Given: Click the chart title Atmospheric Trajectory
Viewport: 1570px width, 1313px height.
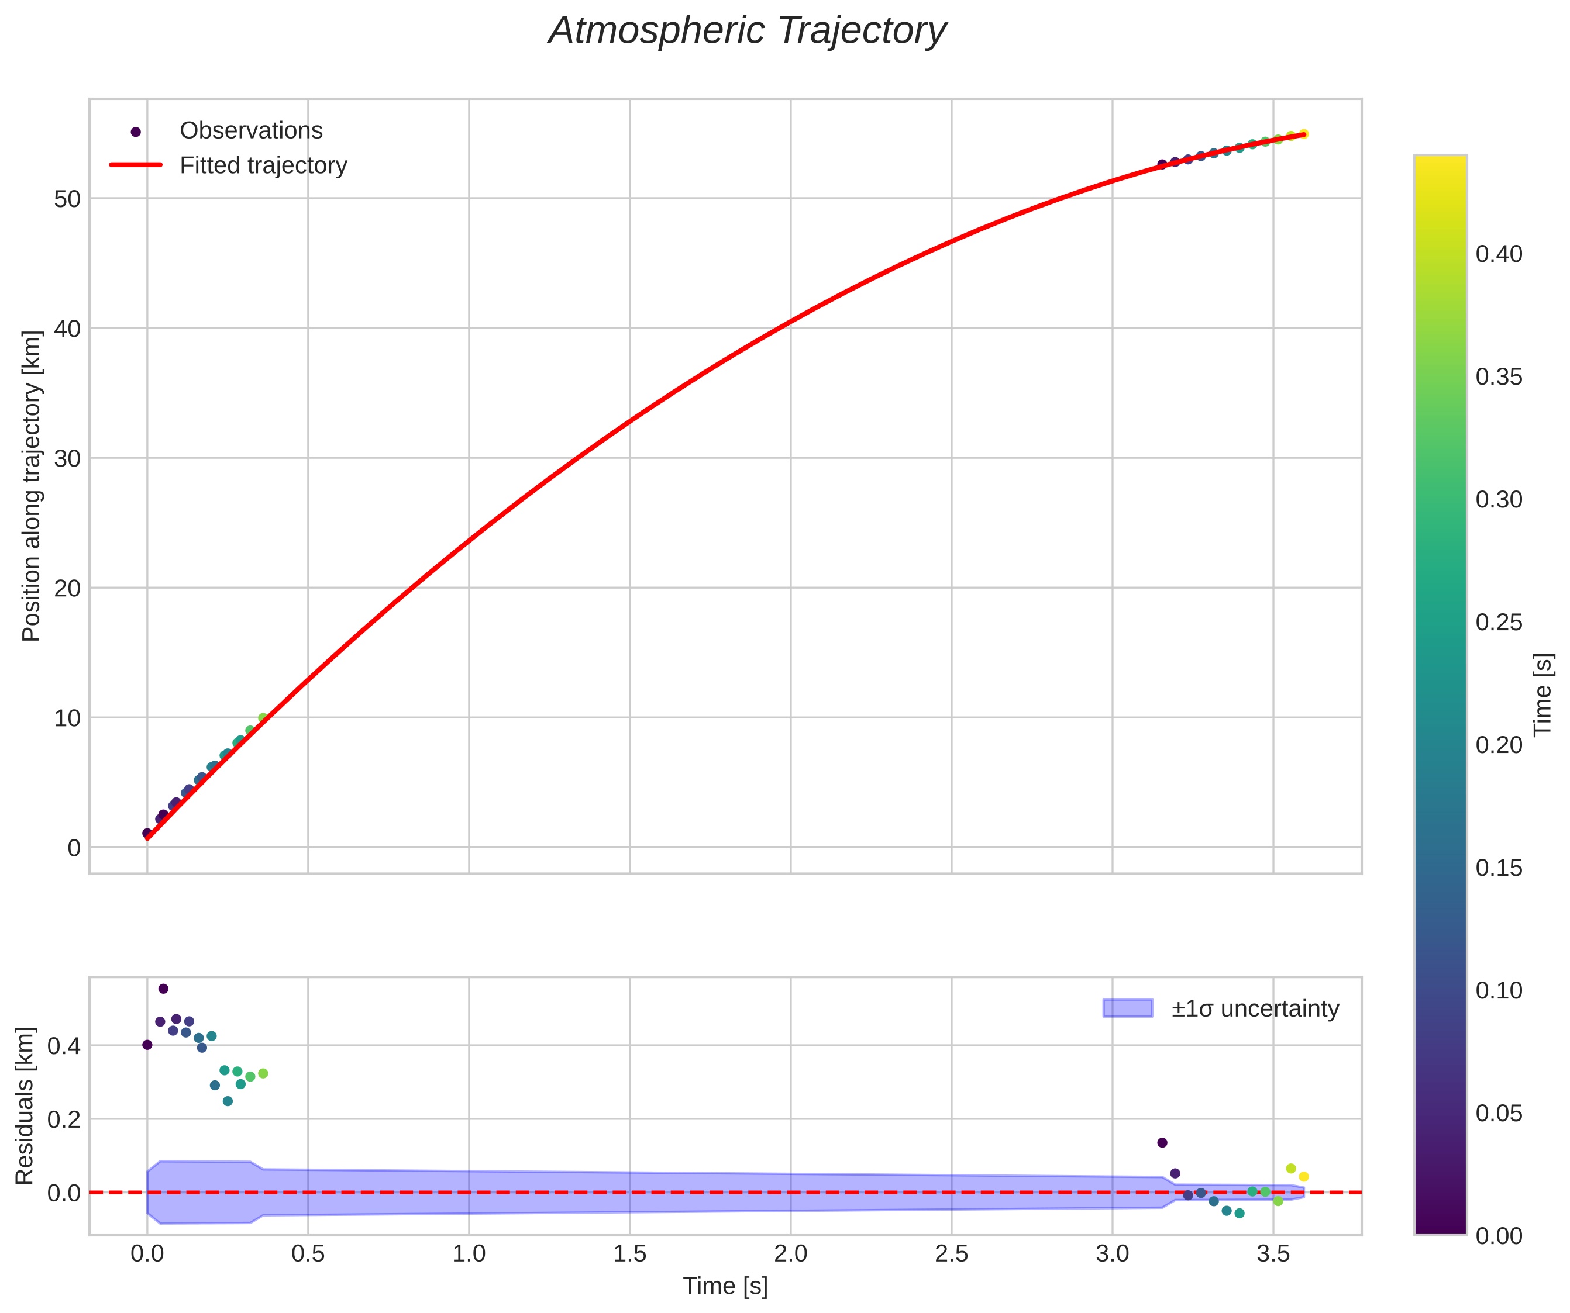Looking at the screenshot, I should (747, 32).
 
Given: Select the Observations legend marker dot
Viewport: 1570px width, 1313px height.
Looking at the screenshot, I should (135, 132).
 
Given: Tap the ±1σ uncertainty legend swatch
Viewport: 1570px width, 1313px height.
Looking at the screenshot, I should (1127, 1008).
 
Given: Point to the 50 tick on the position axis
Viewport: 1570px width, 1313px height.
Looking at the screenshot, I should (67, 199).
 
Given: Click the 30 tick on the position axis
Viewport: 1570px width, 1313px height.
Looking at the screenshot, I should (67, 458).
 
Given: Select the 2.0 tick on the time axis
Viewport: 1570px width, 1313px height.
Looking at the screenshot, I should (790, 1253).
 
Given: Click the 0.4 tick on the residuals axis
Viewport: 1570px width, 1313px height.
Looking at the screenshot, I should (64, 1045).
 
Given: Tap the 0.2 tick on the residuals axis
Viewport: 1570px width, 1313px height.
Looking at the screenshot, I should (64, 1119).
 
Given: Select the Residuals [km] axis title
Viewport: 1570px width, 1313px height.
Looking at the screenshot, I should (25, 1106).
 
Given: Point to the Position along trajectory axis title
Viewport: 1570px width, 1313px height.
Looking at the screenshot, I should (32, 486).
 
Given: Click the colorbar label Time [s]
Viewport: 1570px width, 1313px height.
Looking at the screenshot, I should (1543, 695).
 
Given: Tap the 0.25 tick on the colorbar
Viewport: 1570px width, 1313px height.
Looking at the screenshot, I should (1498, 623).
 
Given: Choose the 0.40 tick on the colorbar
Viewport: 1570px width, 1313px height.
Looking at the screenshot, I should (1498, 254).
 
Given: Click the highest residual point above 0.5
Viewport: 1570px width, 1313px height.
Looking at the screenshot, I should (163, 989).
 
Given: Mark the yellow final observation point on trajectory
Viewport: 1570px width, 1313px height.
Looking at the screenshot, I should (1303, 134).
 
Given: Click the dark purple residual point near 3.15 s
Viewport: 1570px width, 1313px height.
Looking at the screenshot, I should (1162, 1143).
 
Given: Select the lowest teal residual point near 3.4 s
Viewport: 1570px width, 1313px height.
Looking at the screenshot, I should (1240, 1214).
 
